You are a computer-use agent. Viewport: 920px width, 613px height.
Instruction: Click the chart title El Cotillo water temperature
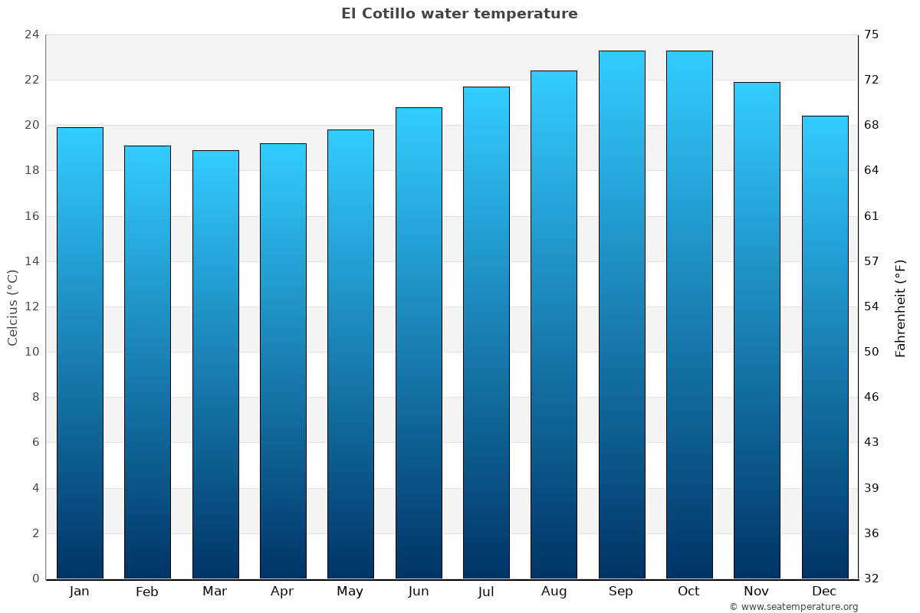coord(459,14)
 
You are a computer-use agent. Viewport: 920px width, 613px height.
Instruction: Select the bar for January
coord(80,352)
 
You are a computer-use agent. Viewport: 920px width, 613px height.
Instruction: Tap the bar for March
coord(215,364)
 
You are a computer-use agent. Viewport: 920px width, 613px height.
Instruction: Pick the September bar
coord(621,314)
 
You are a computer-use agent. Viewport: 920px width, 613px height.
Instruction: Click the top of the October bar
coord(689,51)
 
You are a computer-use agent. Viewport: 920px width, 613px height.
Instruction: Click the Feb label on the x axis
coord(146,592)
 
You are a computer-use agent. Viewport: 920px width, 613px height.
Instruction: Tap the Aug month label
coord(554,592)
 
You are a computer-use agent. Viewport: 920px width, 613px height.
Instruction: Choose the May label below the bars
coord(350,592)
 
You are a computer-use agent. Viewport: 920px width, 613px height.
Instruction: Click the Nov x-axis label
coord(756,592)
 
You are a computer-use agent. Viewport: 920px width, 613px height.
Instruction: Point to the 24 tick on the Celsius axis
coord(31,34)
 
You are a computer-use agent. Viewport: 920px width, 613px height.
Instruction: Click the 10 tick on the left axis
coord(31,352)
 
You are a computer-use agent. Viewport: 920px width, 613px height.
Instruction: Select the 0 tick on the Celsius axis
coord(35,579)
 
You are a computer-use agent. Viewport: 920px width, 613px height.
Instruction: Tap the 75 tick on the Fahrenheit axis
coord(872,34)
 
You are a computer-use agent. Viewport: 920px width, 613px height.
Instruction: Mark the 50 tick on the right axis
coord(872,352)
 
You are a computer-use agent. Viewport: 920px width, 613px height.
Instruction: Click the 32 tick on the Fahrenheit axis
coord(872,579)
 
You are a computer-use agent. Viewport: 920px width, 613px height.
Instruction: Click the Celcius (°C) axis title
coord(12,307)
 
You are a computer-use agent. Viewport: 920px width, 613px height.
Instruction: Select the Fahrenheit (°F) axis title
coord(901,307)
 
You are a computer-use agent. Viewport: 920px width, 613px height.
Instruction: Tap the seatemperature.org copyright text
coord(793,607)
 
